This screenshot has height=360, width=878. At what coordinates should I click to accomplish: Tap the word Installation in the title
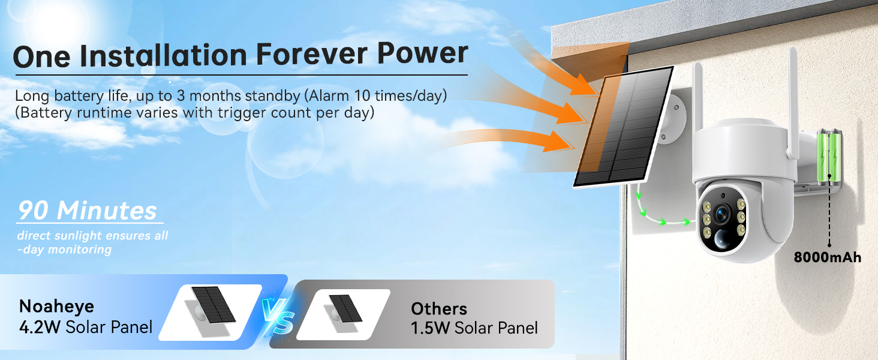(163, 55)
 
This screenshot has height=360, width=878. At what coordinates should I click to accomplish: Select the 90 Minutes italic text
(88, 211)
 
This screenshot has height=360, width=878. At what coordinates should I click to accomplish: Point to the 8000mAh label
(827, 257)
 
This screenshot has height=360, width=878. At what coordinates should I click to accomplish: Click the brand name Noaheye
(57, 307)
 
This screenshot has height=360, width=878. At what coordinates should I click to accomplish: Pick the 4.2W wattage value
(40, 328)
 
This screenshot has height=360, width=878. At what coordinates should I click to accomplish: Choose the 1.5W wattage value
(431, 328)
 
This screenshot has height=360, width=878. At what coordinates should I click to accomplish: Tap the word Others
(439, 309)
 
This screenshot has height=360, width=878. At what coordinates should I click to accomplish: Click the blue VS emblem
(278, 316)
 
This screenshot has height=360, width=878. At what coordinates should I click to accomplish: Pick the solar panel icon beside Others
(345, 309)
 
